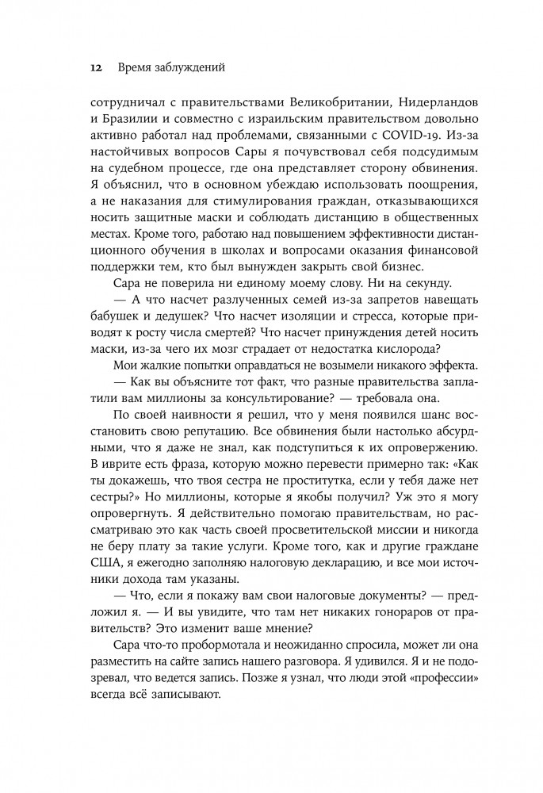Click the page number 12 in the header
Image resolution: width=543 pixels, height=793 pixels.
(95, 69)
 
